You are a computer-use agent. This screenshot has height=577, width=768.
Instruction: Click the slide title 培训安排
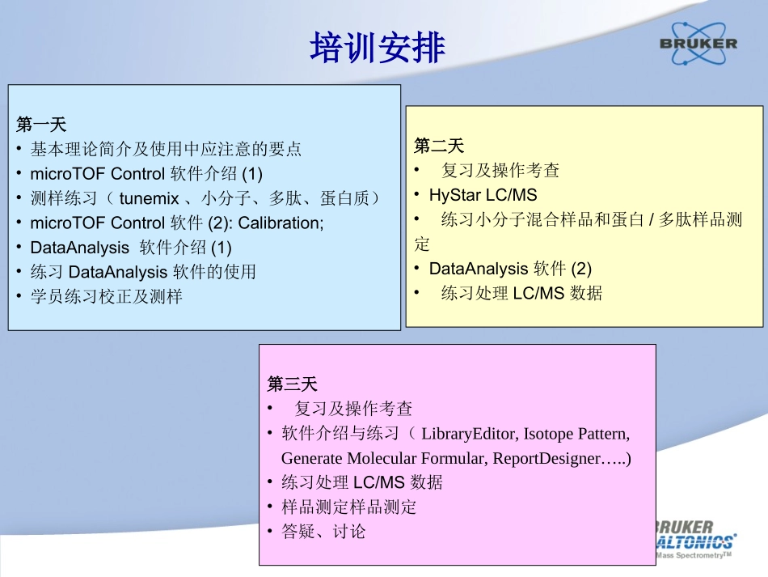[x=378, y=48]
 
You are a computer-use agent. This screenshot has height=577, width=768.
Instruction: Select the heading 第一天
[x=41, y=125]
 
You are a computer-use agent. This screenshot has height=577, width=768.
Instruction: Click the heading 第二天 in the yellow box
[x=439, y=146]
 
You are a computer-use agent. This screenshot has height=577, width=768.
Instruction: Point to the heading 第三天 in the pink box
[x=293, y=384]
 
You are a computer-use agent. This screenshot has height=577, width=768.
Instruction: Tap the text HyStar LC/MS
[x=483, y=195]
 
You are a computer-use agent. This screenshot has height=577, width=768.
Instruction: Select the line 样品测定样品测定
[x=349, y=507]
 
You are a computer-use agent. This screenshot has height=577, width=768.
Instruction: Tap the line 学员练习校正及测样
[x=107, y=296]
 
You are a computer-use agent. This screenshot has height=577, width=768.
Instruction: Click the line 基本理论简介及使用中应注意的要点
[x=166, y=149]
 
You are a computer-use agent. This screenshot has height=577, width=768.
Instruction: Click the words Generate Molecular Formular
[x=383, y=458]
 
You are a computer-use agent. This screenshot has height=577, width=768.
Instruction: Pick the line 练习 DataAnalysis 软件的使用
[x=143, y=272]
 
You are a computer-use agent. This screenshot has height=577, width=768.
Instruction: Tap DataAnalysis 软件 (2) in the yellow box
[x=510, y=269]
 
